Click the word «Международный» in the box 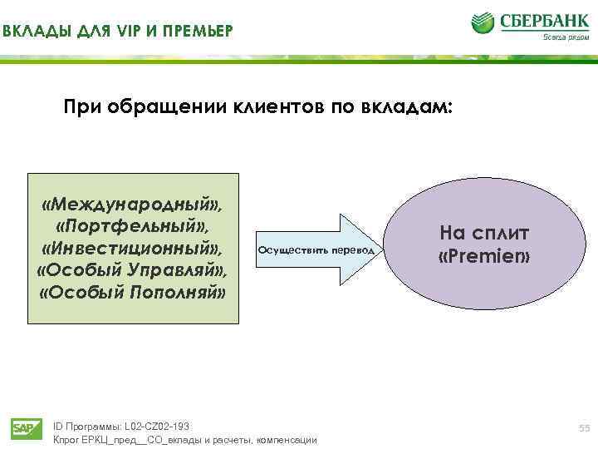coord(133,204)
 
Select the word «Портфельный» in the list coord(133,226)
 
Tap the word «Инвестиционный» coord(133,249)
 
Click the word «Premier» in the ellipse coord(483,257)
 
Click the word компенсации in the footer coord(287,439)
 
